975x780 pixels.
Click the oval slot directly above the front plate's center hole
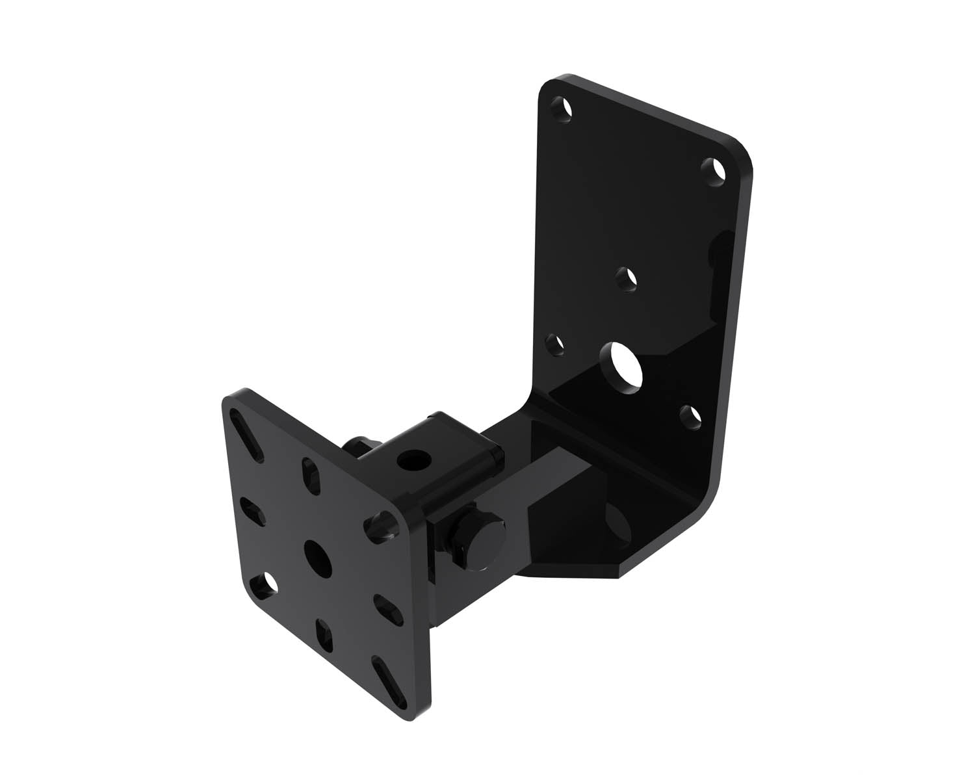[x=312, y=476]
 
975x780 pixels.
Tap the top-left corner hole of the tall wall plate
[x=563, y=110]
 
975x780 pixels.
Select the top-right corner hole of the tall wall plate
[x=716, y=172]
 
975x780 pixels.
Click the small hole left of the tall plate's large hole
[x=553, y=344]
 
